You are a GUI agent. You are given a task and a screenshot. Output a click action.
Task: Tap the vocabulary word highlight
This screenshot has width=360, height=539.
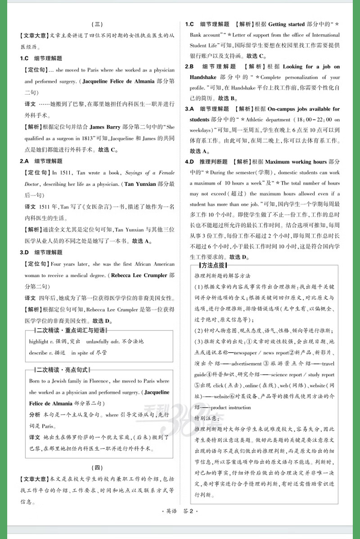click(39, 341)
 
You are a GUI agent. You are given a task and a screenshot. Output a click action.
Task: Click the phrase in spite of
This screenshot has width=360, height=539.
click(83, 353)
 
